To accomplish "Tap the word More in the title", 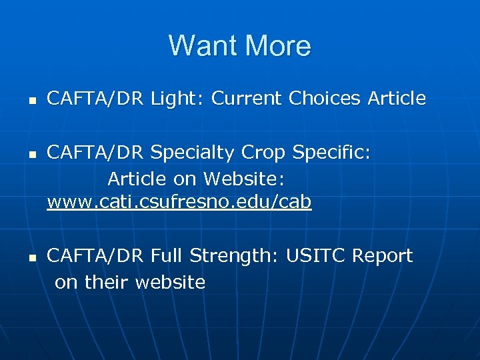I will (x=278, y=46).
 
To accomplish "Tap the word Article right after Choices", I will (x=396, y=99).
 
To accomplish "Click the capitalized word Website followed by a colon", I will (x=244, y=179).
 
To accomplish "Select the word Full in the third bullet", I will (x=168, y=255).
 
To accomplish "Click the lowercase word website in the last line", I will (x=170, y=282).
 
